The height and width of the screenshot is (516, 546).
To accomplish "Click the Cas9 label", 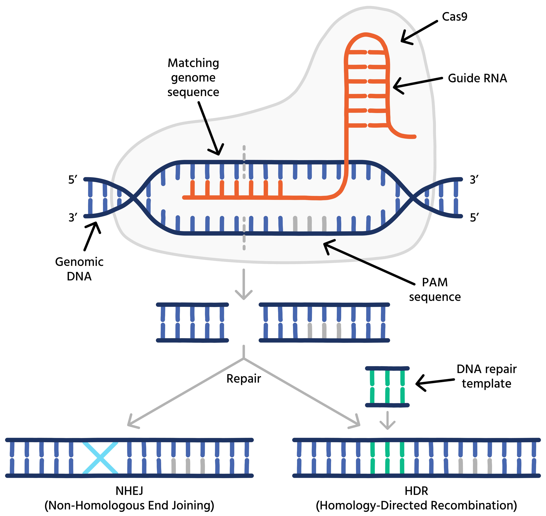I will point(454,17).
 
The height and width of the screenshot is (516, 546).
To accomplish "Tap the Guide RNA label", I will point(477,78).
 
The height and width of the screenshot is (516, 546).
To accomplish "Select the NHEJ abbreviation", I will point(129,491).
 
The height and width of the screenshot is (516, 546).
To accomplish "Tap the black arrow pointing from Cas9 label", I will point(418,32).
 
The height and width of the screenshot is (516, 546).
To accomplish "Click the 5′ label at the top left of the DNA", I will point(73,180).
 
